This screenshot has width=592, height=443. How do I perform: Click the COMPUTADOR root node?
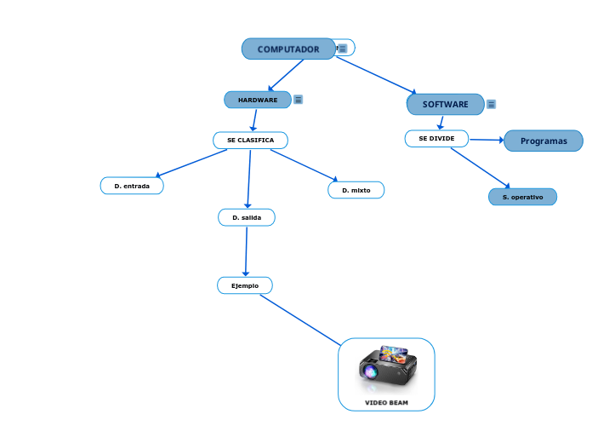coord(288,49)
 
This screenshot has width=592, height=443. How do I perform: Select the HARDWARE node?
coord(258,100)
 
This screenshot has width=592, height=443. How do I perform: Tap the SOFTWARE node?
coord(445,104)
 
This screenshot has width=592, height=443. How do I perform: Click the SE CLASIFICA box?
coord(250,140)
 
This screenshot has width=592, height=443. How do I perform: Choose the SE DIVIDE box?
coord(436,138)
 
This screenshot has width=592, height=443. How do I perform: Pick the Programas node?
coord(543,141)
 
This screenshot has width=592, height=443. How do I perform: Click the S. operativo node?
coord(522,197)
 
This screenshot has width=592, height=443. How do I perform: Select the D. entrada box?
coord(132,186)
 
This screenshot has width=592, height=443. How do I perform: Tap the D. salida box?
coord(247,217)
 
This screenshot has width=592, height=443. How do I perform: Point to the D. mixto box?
coord(356,190)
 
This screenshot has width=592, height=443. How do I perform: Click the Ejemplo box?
coord(245,285)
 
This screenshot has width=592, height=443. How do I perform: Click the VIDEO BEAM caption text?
coord(386,402)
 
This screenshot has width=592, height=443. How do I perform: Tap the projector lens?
coord(370,371)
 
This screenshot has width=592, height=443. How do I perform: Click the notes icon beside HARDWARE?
coord(298,100)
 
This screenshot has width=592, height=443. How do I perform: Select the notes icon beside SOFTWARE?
coord(491,105)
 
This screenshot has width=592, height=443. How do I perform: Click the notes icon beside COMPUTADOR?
coord(343,49)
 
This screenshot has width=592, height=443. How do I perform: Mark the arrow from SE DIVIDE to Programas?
coord(487,140)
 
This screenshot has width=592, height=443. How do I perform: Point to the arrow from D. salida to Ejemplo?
coord(246,251)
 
